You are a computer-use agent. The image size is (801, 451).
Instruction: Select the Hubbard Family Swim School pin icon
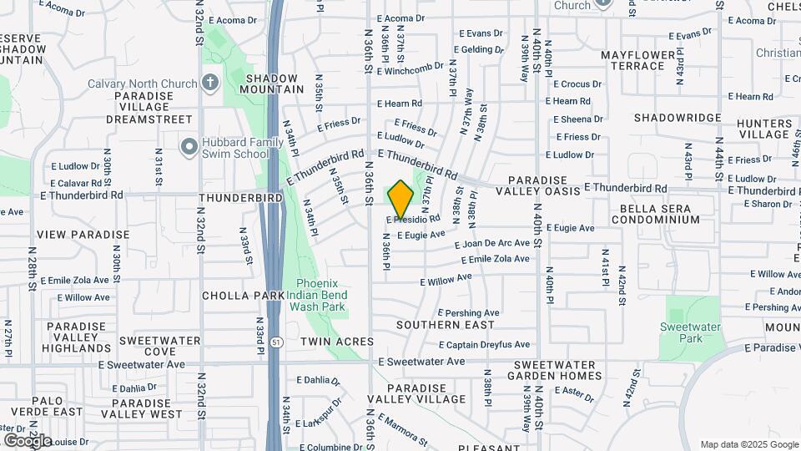click(189, 147)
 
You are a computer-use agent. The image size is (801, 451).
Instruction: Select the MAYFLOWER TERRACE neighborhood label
click(643, 60)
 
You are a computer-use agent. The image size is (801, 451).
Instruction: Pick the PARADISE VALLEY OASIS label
click(543, 186)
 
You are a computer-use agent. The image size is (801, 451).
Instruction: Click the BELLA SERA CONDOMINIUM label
click(655, 213)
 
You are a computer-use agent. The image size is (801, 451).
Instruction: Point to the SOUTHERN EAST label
click(446, 324)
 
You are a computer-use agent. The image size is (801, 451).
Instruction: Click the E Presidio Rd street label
click(413, 220)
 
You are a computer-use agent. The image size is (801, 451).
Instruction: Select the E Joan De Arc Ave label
click(496, 244)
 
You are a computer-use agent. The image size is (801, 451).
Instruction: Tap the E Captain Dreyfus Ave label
click(485, 344)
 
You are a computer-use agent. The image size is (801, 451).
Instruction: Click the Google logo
click(28, 440)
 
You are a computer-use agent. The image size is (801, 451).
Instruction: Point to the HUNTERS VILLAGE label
click(763, 129)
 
